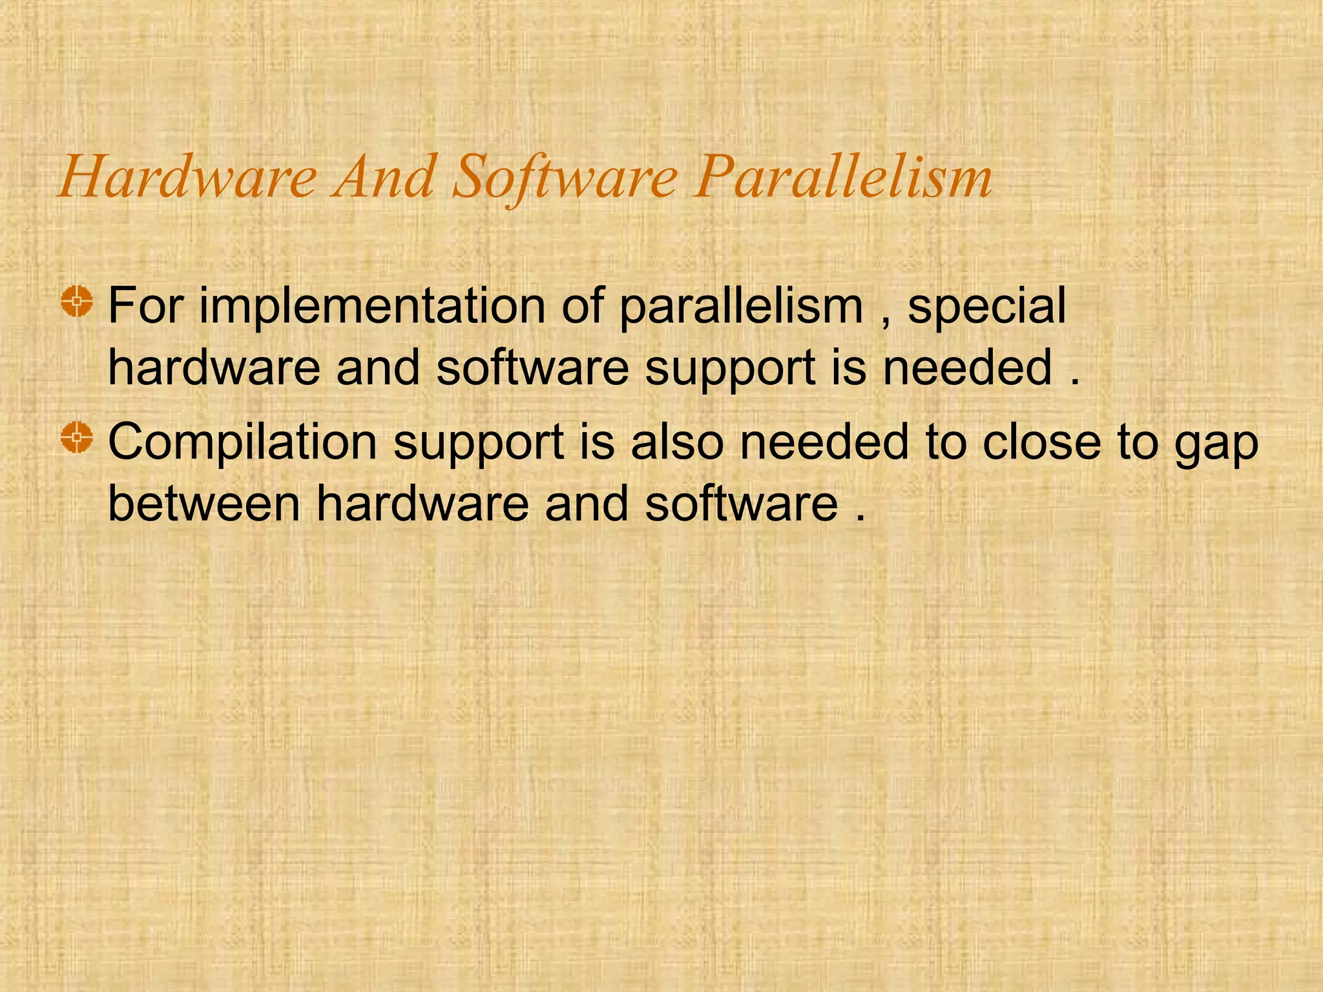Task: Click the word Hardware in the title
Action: (x=187, y=177)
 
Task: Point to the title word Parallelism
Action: (x=842, y=177)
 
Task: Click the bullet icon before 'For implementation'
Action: (x=78, y=301)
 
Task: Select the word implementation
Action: (x=371, y=307)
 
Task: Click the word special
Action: (x=986, y=307)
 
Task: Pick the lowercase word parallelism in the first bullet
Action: (x=741, y=307)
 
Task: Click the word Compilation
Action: (x=242, y=443)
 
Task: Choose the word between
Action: (x=204, y=503)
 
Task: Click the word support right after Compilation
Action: (x=479, y=444)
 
